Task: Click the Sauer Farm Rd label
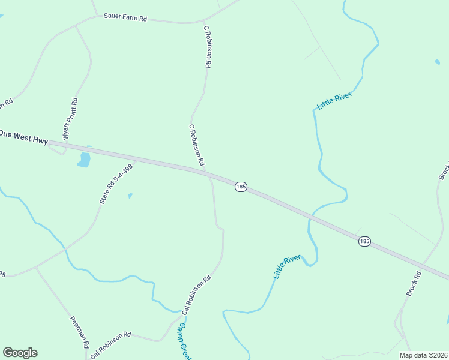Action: (x=125, y=19)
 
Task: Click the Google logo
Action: (x=20, y=353)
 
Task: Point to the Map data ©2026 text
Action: (x=423, y=355)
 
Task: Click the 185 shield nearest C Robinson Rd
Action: (x=241, y=187)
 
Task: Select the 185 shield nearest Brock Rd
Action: (x=364, y=241)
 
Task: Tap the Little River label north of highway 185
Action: (x=334, y=100)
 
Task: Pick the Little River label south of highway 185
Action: (x=286, y=266)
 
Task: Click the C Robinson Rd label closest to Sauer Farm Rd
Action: (x=208, y=46)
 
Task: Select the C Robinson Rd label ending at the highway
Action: (x=197, y=146)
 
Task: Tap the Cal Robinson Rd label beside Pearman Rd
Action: (x=110, y=345)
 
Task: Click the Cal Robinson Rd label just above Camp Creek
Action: (x=197, y=295)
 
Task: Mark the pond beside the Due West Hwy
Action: (x=84, y=159)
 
